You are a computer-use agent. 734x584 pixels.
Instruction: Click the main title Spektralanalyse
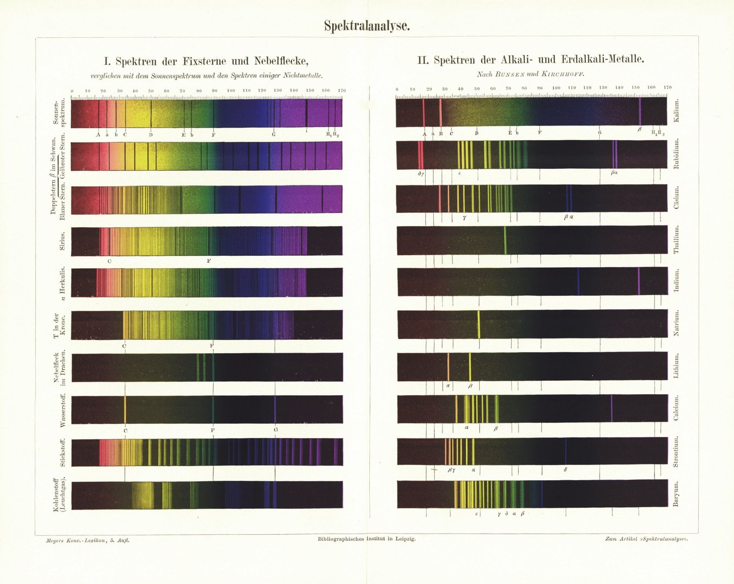[x=367, y=25]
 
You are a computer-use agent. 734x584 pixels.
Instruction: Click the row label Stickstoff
[x=63, y=453]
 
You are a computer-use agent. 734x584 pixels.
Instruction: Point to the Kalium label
[x=676, y=112]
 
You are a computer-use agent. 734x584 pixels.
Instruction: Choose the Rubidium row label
[x=676, y=155]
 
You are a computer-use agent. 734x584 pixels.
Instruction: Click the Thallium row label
[x=676, y=240]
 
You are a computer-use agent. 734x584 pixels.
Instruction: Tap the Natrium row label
[x=676, y=323]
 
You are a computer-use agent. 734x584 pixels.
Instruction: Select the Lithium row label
[x=676, y=366]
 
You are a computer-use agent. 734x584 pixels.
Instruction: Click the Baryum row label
[x=676, y=494]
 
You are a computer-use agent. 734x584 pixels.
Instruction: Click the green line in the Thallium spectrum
[x=505, y=240]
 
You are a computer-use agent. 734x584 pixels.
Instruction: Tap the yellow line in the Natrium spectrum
[x=479, y=324]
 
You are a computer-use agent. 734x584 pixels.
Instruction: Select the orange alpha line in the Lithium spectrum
[x=448, y=367]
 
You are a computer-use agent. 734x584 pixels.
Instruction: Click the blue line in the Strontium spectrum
[x=566, y=451]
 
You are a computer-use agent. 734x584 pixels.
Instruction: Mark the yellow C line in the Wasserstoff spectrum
[x=125, y=410]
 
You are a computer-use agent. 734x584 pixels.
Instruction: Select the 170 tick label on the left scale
[x=342, y=90]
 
